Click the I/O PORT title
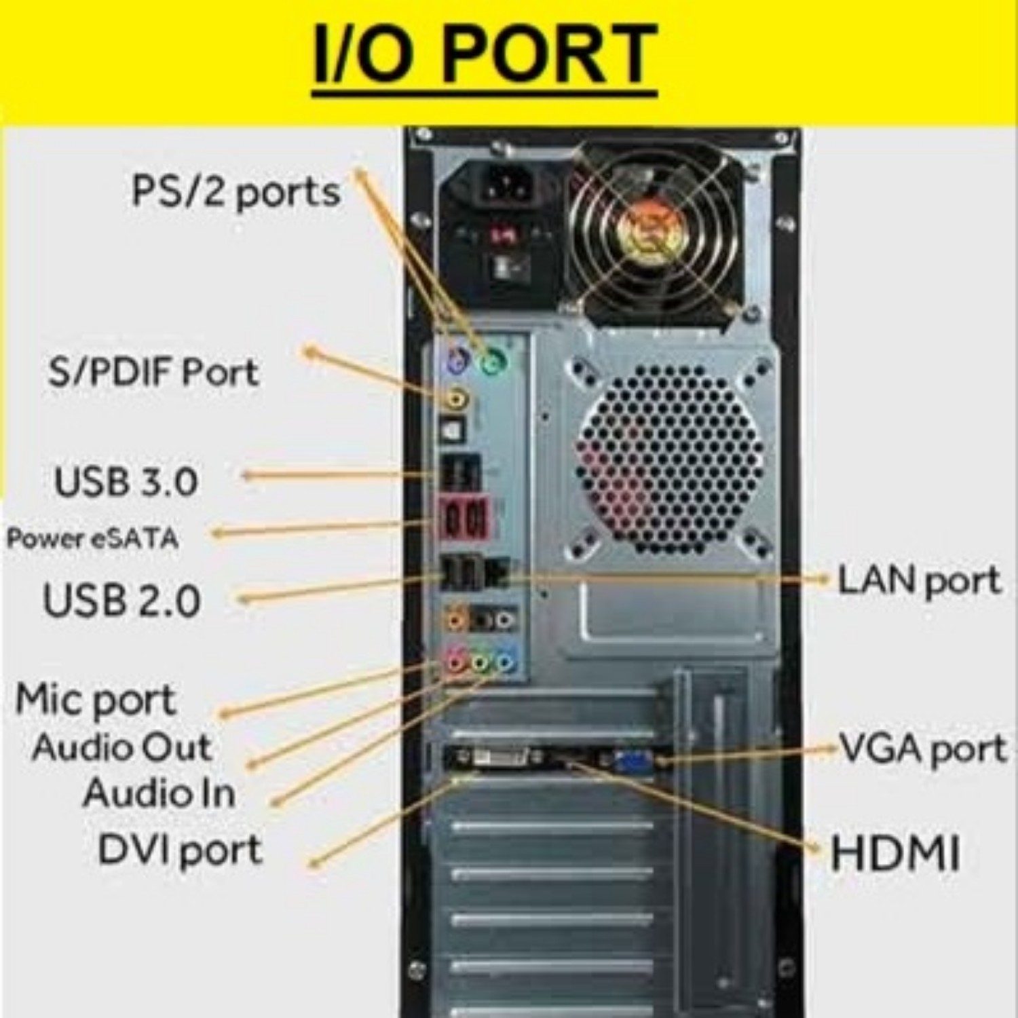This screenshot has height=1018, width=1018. coord(485,55)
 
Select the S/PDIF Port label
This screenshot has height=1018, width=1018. coord(153,372)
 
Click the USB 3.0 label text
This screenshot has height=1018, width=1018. coord(126,480)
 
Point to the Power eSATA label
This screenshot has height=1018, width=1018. coord(92,539)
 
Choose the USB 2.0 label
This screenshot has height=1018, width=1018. coord(122,600)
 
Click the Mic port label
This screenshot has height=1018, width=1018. coord(96,699)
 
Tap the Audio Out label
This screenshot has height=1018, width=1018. coord(122,747)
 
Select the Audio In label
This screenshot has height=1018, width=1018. coord(159,793)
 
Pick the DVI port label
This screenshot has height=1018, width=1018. coord(180,849)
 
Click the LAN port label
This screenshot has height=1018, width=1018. coord(919,580)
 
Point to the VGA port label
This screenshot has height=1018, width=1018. coord(922,748)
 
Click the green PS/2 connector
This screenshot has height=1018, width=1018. coord(493,362)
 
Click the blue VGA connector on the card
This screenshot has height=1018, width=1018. coord(633,761)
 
